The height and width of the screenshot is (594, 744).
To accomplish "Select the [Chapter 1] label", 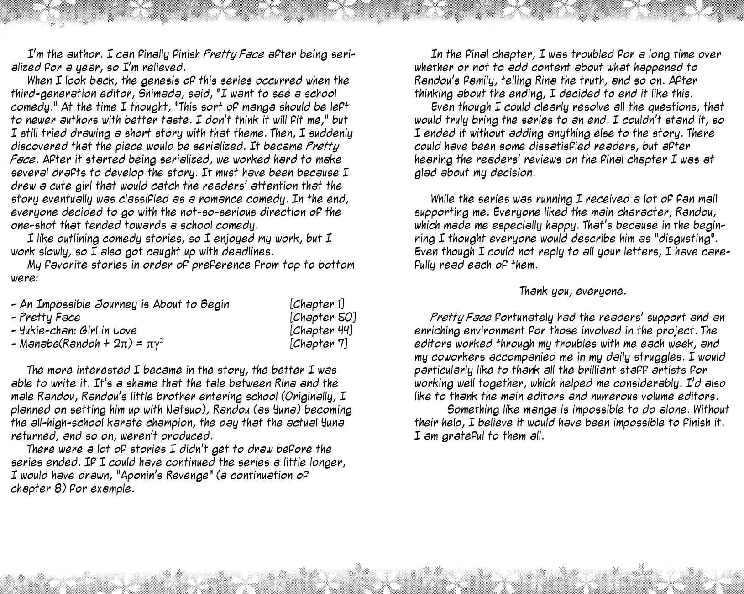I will click(x=317, y=304).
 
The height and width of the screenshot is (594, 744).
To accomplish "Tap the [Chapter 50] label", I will click(x=323, y=318).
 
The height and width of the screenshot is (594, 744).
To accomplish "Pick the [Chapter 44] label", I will click(x=321, y=330).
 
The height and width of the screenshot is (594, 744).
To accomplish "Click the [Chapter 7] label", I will click(x=318, y=344).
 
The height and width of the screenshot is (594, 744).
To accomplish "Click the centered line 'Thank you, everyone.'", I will click(x=573, y=291).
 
